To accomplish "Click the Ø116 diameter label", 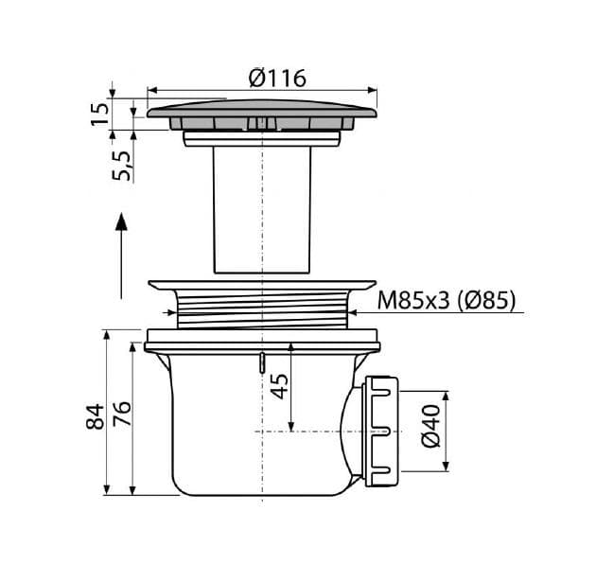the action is (x=277, y=79).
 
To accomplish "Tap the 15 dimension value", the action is (x=99, y=114).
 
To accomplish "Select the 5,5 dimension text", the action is (x=122, y=166).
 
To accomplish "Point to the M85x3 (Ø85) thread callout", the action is (x=447, y=300).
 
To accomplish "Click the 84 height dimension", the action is (x=95, y=416).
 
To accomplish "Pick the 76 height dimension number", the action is (x=122, y=414).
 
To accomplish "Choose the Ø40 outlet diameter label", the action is (x=431, y=427).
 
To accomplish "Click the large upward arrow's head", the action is (x=121, y=221).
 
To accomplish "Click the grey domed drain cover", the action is (x=262, y=109).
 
